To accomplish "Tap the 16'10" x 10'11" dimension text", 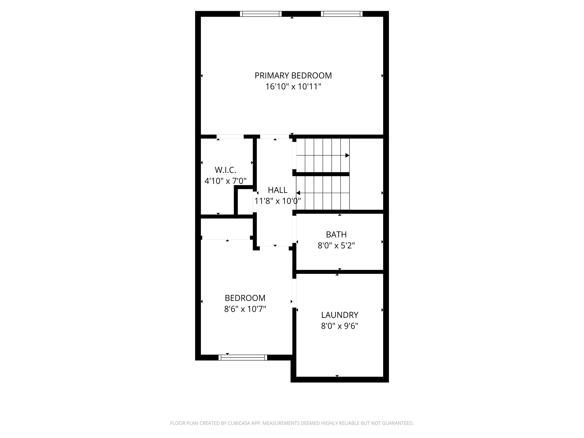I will pyautogui.click(x=293, y=87).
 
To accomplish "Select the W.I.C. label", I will pyautogui.click(x=225, y=170).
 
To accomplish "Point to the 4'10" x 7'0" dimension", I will pyautogui.click(x=225, y=181).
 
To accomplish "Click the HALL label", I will pyautogui.click(x=278, y=190).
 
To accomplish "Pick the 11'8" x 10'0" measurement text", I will pyautogui.click(x=278, y=201).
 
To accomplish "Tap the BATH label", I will pyautogui.click(x=336, y=234).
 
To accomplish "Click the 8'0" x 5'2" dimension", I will pyautogui.click(x=336, y=246).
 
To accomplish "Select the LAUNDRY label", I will pyautogui.click(x=340, y=315).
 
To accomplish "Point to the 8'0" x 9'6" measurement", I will pyautogui.click(x=340, y=326).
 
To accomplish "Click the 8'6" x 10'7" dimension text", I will pyautogui.click(x=245, y=309).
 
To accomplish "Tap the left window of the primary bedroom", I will pyautogui.click(x=261, y=14).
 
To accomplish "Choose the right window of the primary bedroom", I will pyautogui.click(x=342, y=14).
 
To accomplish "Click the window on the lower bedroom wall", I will pyautogui.click(x=243, y=357).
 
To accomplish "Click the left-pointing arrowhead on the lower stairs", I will pyautogui.click(x=298, y=193).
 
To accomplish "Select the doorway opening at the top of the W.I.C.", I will pyautogui.click(x=230, y=137).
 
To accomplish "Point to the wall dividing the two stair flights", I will pyautogui.click(x=322, y=174).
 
